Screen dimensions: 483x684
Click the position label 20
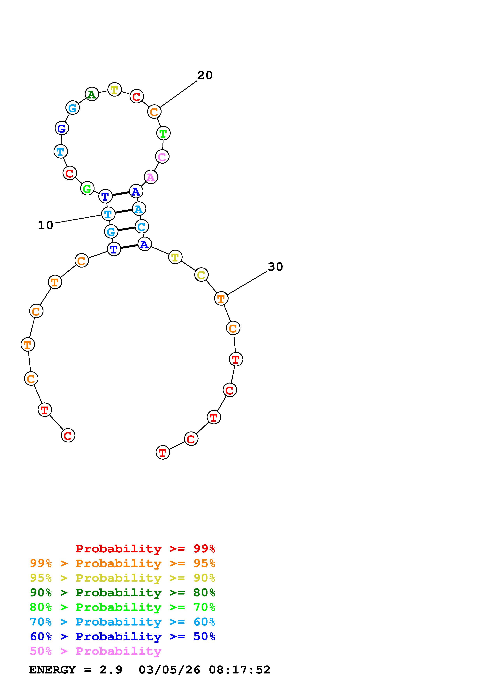pyautogui.click(x=205, y=75)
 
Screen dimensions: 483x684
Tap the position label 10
pyautogui.click(x=46, y=225)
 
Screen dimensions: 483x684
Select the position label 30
pyautogui.click(x=275, y=267)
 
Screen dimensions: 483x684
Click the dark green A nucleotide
pyautogui.click(x=92, y=94)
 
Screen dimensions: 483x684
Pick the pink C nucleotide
pyautogui.click(x=162, y=156)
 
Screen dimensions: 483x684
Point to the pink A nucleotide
pyautogui.click(x=151, y=177)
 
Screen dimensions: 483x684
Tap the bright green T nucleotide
pyautogui.click(x=163, y=133)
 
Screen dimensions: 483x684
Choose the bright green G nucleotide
pyautogui.click(x=87, y=189)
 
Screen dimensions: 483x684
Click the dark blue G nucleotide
pyautogui.click(x=62, y=128)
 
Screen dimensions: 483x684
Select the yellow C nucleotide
pyautogui.click(x=201, y=275)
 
